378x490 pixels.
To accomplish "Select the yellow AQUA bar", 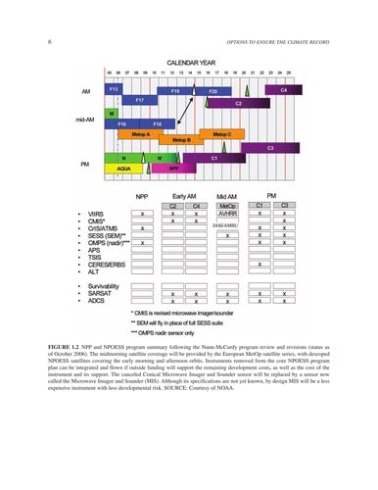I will [124, 168].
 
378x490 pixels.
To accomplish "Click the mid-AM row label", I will [71, 120].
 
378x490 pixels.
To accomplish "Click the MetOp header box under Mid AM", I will [228, 204].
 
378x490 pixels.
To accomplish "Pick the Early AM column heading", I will [184, 195].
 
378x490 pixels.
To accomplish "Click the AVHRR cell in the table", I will [228, 213].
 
